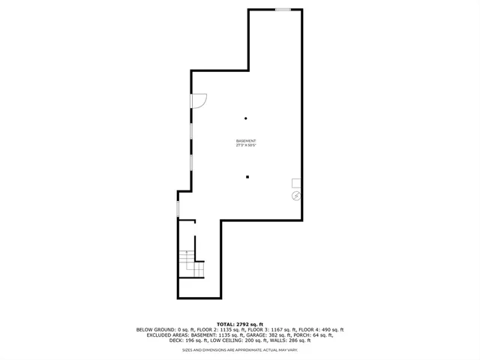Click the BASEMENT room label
click(x=246, y=141)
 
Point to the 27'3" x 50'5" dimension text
click(x=246, y=145)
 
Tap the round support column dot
click(x=245, y=118)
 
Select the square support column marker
click(x=247, y=177)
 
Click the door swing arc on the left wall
click(x=199, y=100)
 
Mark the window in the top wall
click(x=283, y=9)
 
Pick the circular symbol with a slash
click(x=295, y=196)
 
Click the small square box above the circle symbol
click(x=296, y=183)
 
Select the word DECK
click(x=176, y=340)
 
